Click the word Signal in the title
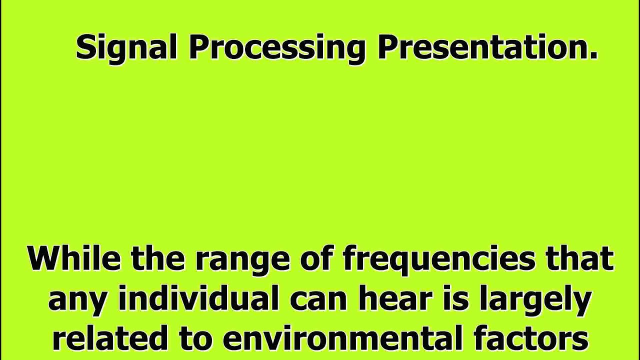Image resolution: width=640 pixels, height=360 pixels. tap(126, 48)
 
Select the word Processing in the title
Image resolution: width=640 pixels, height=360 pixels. tap(277, 48)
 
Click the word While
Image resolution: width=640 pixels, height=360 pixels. tap(74, 258)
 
